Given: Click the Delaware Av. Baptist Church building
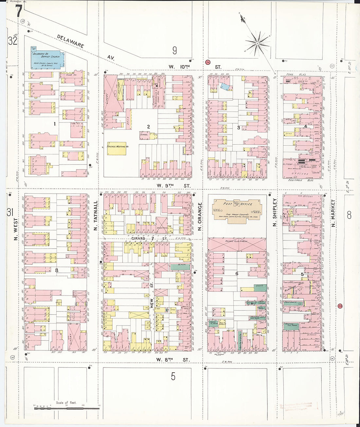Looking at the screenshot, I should [x=46, y=60].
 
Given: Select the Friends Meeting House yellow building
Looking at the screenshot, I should [x=116, y=148].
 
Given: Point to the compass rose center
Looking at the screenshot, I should [x=258, y=43].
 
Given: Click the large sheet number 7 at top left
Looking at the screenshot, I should [x=18, y=12].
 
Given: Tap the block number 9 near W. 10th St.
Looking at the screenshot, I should [x=174, y=50].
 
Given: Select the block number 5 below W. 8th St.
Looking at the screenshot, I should [x=173, y=376].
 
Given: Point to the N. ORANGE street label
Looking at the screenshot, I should [x=200, y=216].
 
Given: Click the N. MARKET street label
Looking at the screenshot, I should [x=333, y=213].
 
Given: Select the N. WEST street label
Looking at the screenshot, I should [x=16, y=230].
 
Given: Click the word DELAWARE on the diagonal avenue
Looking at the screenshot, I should [x=70, y=41].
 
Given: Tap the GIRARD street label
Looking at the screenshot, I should [x=138, y=239].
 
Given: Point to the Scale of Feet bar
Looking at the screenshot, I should [x=66, y=408].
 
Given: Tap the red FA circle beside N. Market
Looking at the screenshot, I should [x=340, y=306].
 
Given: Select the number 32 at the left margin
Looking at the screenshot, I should [x=13, y=41].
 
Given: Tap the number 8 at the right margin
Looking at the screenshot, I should [x=349, y=215].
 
